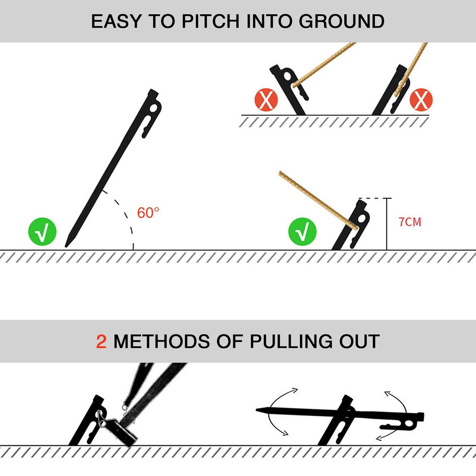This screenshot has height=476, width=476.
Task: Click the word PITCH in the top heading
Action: [x=211, y=21]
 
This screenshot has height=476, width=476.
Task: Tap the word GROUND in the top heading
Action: [x=342, y=21]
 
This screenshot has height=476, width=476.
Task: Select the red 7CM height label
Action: [x=410, y=222]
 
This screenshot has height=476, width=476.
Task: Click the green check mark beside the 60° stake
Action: [x=42, y=231]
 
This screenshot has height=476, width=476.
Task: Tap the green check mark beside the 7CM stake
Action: [x=302, y=231]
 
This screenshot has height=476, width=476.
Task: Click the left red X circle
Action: [x=266, y=100]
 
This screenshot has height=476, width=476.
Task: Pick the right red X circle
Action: [x=421, y=100]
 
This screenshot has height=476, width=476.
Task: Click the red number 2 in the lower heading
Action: [x=101, y=342]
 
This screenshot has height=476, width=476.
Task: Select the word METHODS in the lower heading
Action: [x=161, y=342]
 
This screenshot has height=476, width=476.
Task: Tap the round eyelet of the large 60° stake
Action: [x=154, y=108]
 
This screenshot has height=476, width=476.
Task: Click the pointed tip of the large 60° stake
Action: [x=66, y=246]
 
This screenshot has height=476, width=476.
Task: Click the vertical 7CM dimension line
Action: [x=387, y=224]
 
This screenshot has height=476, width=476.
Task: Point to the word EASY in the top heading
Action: [x=117, y=21]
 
